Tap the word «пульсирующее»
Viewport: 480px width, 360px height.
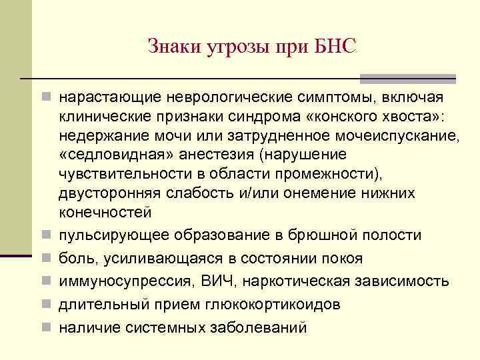[114, 235]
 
